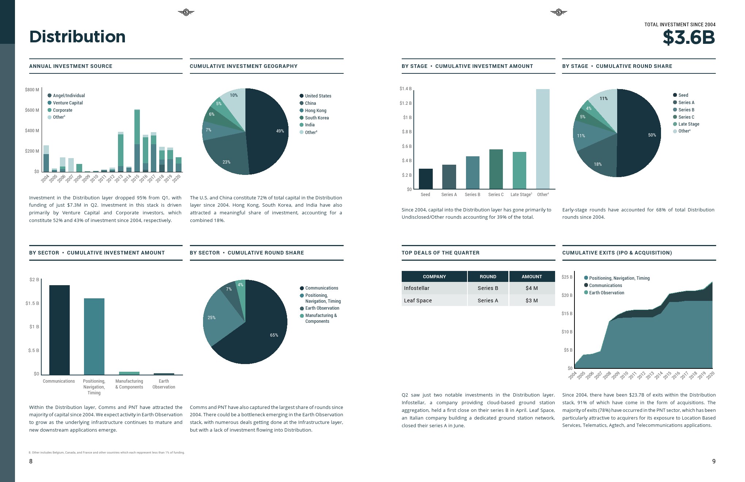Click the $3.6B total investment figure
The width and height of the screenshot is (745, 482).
[x=688, y=38]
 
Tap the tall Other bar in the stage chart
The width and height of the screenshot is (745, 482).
[x=543, y=139]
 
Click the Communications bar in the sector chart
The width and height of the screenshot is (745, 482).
[x=60, y=329]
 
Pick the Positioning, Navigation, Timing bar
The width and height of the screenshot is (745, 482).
[x=94, y=336]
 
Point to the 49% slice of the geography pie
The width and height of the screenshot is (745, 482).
[x=268, y=131]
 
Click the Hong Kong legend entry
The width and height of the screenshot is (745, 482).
[x=316, y=111]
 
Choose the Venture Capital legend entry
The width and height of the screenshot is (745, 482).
[x=68, y=103]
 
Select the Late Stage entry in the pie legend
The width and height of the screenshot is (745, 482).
[x=688, y=124]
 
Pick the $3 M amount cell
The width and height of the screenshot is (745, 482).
[x=532, y=301]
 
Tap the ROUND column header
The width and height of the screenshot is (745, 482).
[x=488, y=276]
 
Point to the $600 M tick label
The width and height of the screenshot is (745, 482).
[x=32, y=110]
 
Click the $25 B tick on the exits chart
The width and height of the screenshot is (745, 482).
[x=567, y=277]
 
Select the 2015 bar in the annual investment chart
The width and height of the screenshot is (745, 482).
[x=137, y=141]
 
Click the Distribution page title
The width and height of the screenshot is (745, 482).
[x=77, y=37]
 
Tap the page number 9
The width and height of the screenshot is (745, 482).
[x=714, y=461]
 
